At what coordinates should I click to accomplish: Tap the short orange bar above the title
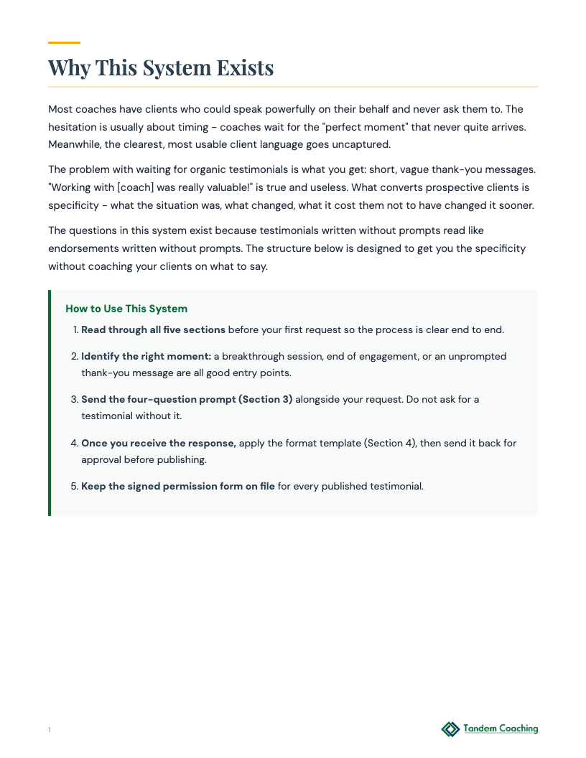64,43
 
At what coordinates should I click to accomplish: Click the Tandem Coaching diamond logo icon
450,729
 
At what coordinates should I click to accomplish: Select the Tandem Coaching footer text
501,729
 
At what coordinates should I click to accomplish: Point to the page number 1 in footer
50,730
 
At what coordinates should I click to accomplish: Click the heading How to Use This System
126,309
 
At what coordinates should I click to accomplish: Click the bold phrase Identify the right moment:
146,356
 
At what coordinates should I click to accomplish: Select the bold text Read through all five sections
153,330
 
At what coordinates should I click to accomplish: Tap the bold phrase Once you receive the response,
159,443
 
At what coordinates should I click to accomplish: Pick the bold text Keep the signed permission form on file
178,486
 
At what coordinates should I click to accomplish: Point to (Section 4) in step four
390,443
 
